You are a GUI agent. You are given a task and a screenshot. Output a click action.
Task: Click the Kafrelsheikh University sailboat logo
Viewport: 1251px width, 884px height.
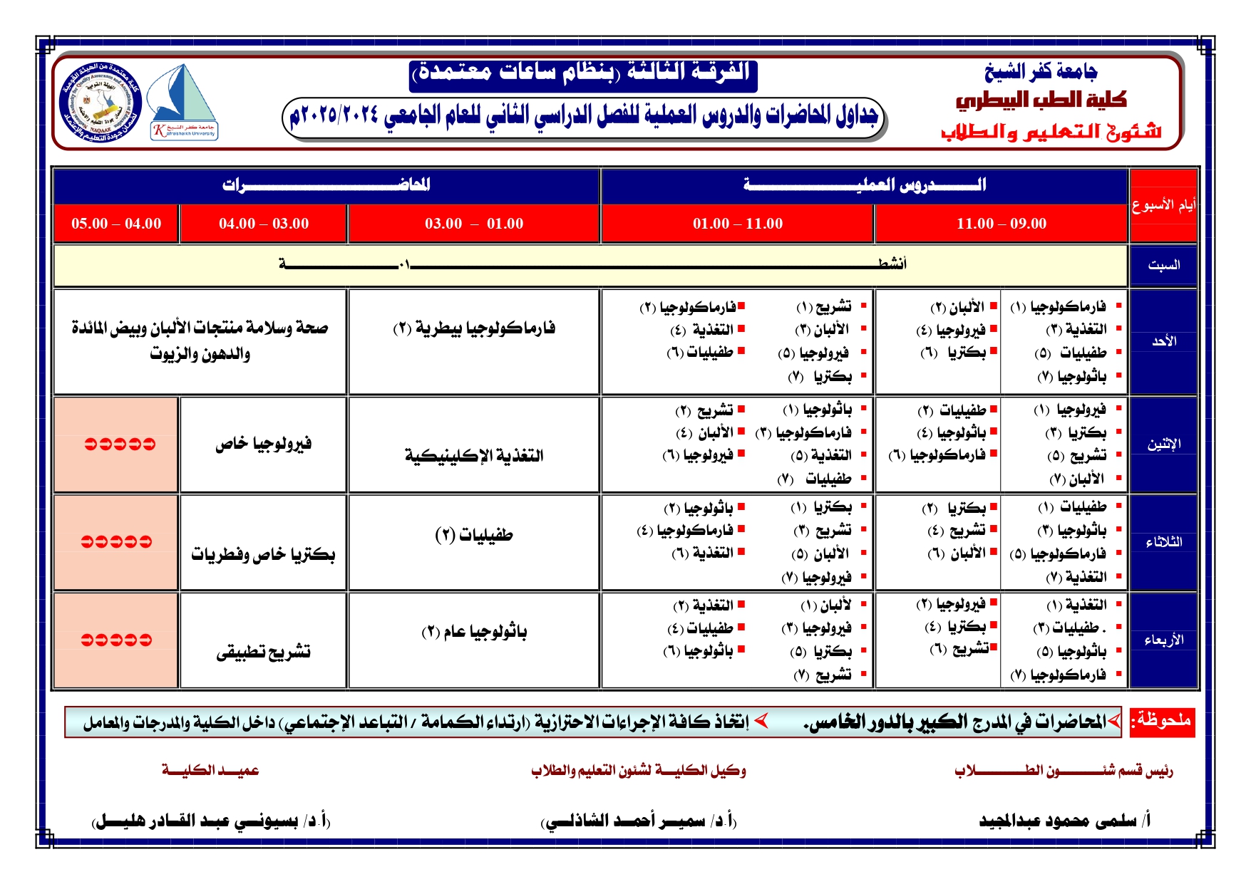coord(184,102)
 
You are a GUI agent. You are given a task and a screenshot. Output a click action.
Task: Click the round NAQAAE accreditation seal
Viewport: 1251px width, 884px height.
coord(101,102)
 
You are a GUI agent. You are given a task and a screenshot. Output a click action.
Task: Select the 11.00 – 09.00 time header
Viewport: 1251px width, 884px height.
coord(1001,224)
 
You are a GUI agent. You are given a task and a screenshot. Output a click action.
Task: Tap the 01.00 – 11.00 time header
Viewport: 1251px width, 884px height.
coord(737,224)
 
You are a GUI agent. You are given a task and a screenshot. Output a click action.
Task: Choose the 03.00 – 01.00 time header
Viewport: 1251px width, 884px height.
coord(474,224)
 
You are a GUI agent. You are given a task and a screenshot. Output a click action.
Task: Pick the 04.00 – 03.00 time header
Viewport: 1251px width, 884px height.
coord(264,224)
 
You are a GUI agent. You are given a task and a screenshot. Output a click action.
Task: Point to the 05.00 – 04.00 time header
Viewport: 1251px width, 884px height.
coord(116,224)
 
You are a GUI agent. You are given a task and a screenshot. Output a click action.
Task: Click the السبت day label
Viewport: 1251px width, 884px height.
coord(1163,265)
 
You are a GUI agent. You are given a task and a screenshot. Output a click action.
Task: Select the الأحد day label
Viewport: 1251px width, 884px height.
coord(1163,341)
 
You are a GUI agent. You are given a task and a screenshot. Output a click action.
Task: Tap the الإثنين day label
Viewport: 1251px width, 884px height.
coord(1163,444)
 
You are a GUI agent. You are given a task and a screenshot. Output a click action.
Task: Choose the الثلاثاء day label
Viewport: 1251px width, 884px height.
coord(1163,542)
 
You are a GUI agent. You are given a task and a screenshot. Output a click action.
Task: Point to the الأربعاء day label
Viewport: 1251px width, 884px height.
coord(1163,640)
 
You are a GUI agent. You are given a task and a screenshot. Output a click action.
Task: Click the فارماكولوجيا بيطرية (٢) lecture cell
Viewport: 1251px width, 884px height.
coord(474,328)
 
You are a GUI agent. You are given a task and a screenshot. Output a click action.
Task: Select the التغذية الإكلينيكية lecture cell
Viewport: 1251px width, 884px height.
coord(474,455)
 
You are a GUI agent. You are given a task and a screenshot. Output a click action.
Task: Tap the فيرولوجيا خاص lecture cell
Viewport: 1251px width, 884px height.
coord(264,444)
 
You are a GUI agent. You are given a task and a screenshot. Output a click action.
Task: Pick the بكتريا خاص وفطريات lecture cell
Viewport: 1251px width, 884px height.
coord(263,554)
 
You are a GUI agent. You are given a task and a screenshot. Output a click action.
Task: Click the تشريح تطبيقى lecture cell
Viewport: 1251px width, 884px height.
coord(264,652)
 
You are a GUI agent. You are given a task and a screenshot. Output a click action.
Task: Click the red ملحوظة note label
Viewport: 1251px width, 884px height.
coord(1163,720)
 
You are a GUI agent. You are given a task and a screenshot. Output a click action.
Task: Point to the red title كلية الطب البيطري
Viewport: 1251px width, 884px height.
coord(1041,100)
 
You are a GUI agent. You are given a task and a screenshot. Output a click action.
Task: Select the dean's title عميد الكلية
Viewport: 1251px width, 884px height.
coord(210,770)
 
